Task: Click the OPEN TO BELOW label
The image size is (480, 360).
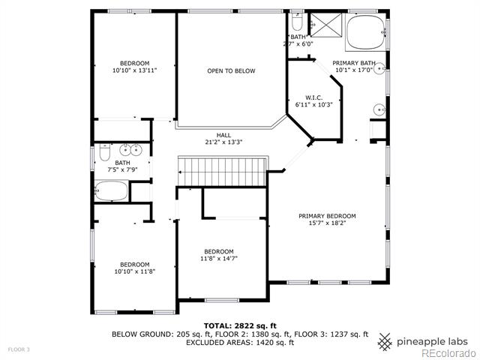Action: pos(231,71)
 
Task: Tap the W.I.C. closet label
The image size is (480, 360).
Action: pos(313,98)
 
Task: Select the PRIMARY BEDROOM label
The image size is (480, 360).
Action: pos(327,216)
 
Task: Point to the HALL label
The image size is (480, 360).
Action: pos(223,135)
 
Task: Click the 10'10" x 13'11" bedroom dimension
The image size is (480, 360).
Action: pos(135,70)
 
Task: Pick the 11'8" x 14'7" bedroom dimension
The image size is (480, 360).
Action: pos(219,258)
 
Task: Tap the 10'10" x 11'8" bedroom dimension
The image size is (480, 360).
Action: pos(135,271)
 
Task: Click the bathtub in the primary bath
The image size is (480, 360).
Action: pos(366,31)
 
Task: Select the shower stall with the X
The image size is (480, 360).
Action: pos(326,25)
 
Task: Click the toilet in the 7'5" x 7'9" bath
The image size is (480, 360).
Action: pos(105,151)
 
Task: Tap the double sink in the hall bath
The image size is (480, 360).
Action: pos(130,150)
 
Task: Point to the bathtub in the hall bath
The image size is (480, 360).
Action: pos(112,190)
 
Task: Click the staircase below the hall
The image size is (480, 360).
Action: pos(223,172)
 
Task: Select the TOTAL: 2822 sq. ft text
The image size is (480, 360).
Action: pos(240,325)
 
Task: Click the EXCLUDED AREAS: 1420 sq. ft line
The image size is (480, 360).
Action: pos(240,342)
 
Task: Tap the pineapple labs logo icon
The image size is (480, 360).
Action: pos(385,342)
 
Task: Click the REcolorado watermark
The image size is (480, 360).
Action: pos(448,354)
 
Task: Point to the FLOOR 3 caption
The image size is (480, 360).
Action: pos(19,349)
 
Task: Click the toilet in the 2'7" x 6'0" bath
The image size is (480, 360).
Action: pos(297,20)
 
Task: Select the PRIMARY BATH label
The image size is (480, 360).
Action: pos(354,63)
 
